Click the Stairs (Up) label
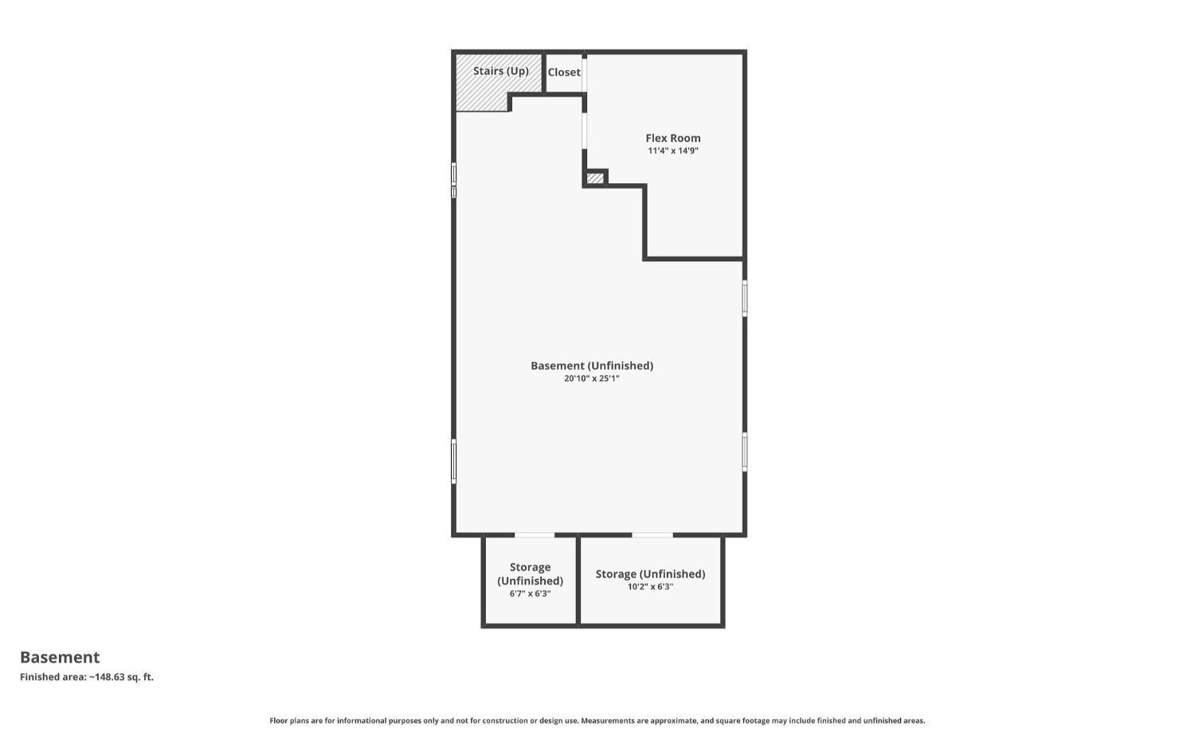500,71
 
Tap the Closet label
564,72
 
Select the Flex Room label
672,138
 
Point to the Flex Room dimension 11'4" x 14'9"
672,151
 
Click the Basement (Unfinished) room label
592,366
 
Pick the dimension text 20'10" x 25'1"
592,378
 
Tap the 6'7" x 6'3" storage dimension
530,593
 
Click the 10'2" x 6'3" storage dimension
650,587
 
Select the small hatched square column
595,178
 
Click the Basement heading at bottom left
60,657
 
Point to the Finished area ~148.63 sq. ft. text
87,677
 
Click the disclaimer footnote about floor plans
597,721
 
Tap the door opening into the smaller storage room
535,534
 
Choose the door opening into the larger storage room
652,534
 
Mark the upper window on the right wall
745,298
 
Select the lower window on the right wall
745,452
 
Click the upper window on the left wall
454,180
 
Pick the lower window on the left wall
454,461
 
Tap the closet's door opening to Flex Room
585,74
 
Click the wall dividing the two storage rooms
578,580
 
